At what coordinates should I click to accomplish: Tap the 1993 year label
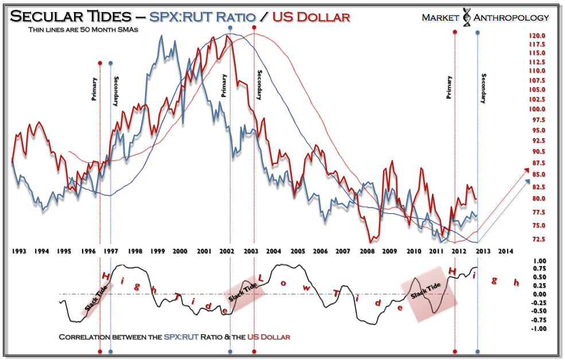(19, 251)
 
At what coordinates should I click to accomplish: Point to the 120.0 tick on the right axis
(537, 36)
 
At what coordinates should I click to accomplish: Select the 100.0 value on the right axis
(537, 109)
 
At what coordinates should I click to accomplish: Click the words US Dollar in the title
(311, 17)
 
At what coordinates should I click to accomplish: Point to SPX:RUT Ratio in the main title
(202, 17)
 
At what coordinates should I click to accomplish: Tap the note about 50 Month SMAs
(84, 30)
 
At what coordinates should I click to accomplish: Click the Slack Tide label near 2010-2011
(426, 292)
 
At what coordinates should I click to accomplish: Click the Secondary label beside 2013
(484, 88)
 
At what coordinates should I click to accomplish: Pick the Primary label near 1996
(95, 89)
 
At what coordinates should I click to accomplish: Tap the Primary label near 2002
(224, 86)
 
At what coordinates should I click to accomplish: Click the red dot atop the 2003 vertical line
(254, 28)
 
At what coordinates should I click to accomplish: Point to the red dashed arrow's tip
(528, 169)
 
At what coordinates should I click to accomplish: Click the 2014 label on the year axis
(505, 251)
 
